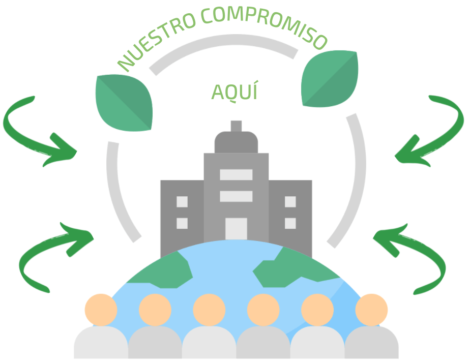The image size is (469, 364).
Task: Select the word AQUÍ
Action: coord(234,92)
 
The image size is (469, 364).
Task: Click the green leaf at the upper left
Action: coord(124,103)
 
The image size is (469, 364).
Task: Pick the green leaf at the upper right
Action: coord(330,79)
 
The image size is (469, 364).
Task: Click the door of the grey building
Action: coord(236,229)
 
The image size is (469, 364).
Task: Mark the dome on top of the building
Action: coord(236,142)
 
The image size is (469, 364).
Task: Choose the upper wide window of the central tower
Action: coord(236,175)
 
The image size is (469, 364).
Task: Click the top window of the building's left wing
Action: coord(182,202)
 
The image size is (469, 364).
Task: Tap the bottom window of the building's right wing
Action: coord(290,223)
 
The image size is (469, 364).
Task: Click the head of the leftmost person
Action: coord(101,310)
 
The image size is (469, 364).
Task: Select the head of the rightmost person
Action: coord(371,310)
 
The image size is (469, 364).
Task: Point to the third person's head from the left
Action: coord(209,310)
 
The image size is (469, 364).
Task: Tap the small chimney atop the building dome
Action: coord(236,126)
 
